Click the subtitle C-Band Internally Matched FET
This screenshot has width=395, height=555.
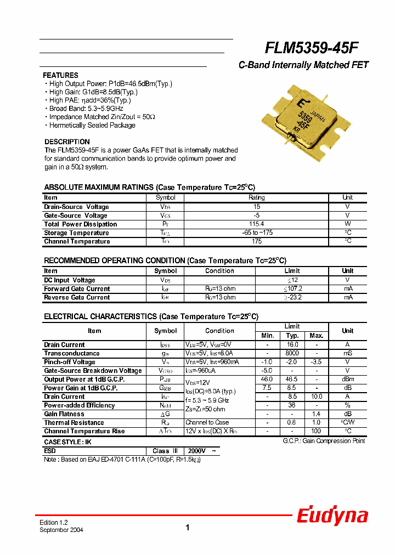[303, 65]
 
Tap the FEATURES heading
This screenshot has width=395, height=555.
[60, 75]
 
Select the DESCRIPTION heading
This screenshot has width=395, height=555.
[67, 141]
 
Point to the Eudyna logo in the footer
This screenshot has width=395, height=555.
[332, 516]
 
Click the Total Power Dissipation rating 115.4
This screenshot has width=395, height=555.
[256, 224]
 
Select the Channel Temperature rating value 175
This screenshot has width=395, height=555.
[256, 241]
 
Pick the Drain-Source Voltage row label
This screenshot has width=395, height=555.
[76, 207]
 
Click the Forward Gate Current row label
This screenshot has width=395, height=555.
[77, 289]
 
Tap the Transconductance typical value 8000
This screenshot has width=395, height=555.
[292, 354]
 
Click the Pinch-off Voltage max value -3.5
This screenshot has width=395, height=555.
[316, 362]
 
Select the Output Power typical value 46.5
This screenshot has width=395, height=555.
[292, 380]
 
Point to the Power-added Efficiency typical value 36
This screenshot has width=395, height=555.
[292, 405]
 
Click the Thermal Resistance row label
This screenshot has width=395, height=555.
[74, 423]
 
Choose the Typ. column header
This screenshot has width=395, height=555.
[292, 336]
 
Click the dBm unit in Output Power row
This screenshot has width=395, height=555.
[347, 380]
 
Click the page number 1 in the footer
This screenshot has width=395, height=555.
[187, 528]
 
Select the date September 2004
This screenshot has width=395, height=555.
[61, 530]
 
